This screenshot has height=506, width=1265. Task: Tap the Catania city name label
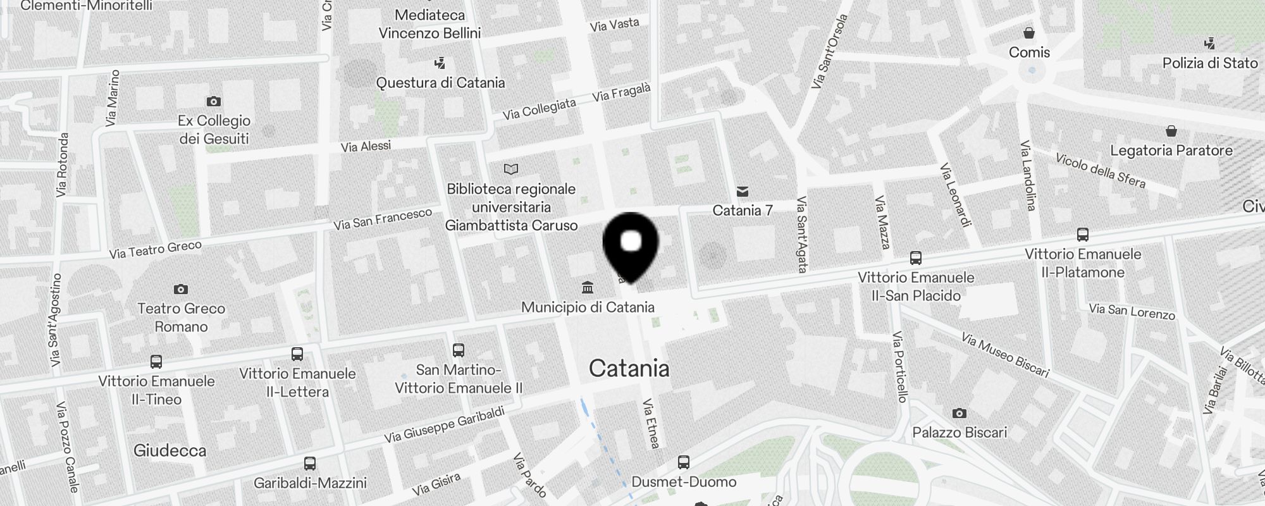[x=629, y=369]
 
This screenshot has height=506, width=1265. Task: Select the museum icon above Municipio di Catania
[x=588, y=288]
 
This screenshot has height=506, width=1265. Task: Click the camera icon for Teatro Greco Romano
[x=181, y=289]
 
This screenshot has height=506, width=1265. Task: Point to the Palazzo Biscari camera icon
[x=959, y=413]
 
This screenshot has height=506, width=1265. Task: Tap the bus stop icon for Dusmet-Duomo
[x=684, y=462]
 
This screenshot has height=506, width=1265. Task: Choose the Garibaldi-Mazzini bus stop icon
[x=310, y=463]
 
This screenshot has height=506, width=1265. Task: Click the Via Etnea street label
[x=651, y=423]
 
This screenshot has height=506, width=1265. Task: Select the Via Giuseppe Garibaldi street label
[x=444, y=424]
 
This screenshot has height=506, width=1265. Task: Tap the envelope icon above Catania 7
[x=743, y=191]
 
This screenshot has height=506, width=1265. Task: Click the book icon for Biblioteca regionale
[x=511, y=169]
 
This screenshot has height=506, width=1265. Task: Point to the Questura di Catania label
[x=440, y=83]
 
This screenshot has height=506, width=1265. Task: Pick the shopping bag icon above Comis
[x=1029, y=33]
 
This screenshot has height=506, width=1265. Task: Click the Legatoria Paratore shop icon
[x=1171, y=131]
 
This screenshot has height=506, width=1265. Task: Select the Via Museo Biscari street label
[x=1005, y=355]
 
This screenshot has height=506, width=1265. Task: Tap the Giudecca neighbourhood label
[x=170, y=451]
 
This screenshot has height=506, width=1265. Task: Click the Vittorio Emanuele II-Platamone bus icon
[x=1083, y=235]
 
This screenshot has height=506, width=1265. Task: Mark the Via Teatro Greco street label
[x=155, y=250]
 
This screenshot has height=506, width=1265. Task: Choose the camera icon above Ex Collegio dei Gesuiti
[x=214, y=101]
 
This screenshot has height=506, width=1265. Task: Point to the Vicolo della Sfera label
[x=1100, y=170]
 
